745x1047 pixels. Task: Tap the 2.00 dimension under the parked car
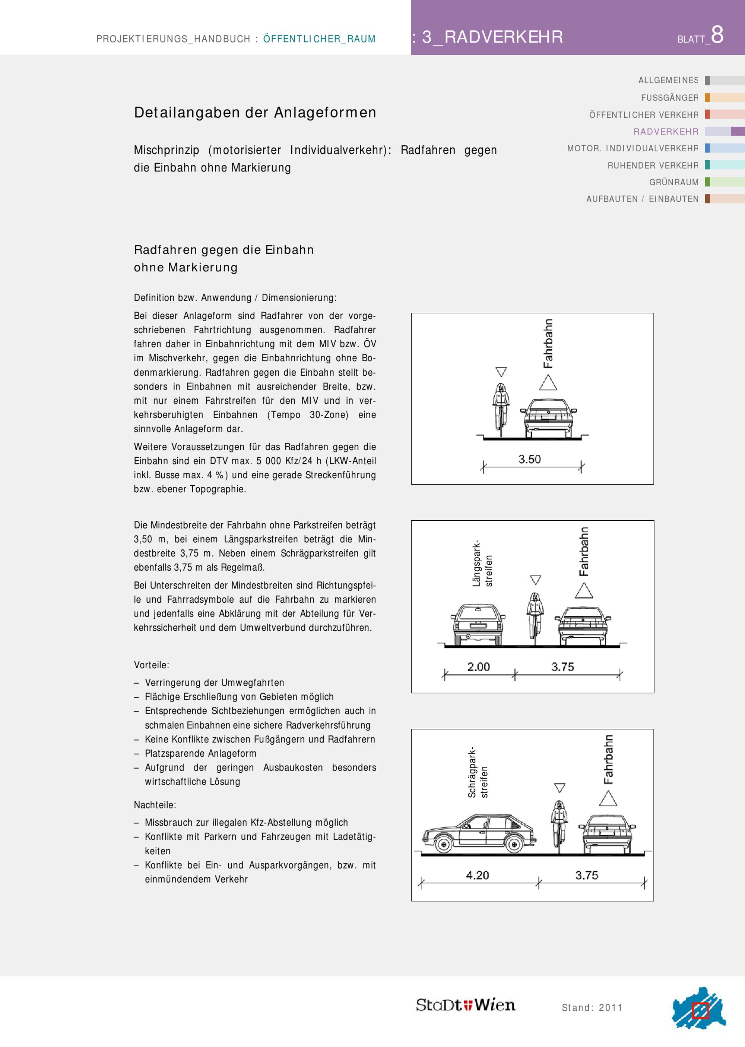pos(478,666)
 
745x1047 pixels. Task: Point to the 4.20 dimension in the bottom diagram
pos(478,875)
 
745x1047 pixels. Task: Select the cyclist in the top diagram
pos(501,409)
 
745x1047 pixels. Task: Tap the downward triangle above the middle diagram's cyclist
pos(535,579)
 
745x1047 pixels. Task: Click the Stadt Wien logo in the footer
pos(465,1005)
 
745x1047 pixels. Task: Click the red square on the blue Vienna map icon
pos(700,1010)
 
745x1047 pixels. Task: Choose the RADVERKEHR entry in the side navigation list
pos(666,132)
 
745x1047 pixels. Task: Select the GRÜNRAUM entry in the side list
pos(673,182)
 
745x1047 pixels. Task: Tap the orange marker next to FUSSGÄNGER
pos(707,97)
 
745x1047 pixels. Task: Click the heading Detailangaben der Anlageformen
pos(255,113)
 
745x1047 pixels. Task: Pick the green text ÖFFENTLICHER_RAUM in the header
pos(319,39)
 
